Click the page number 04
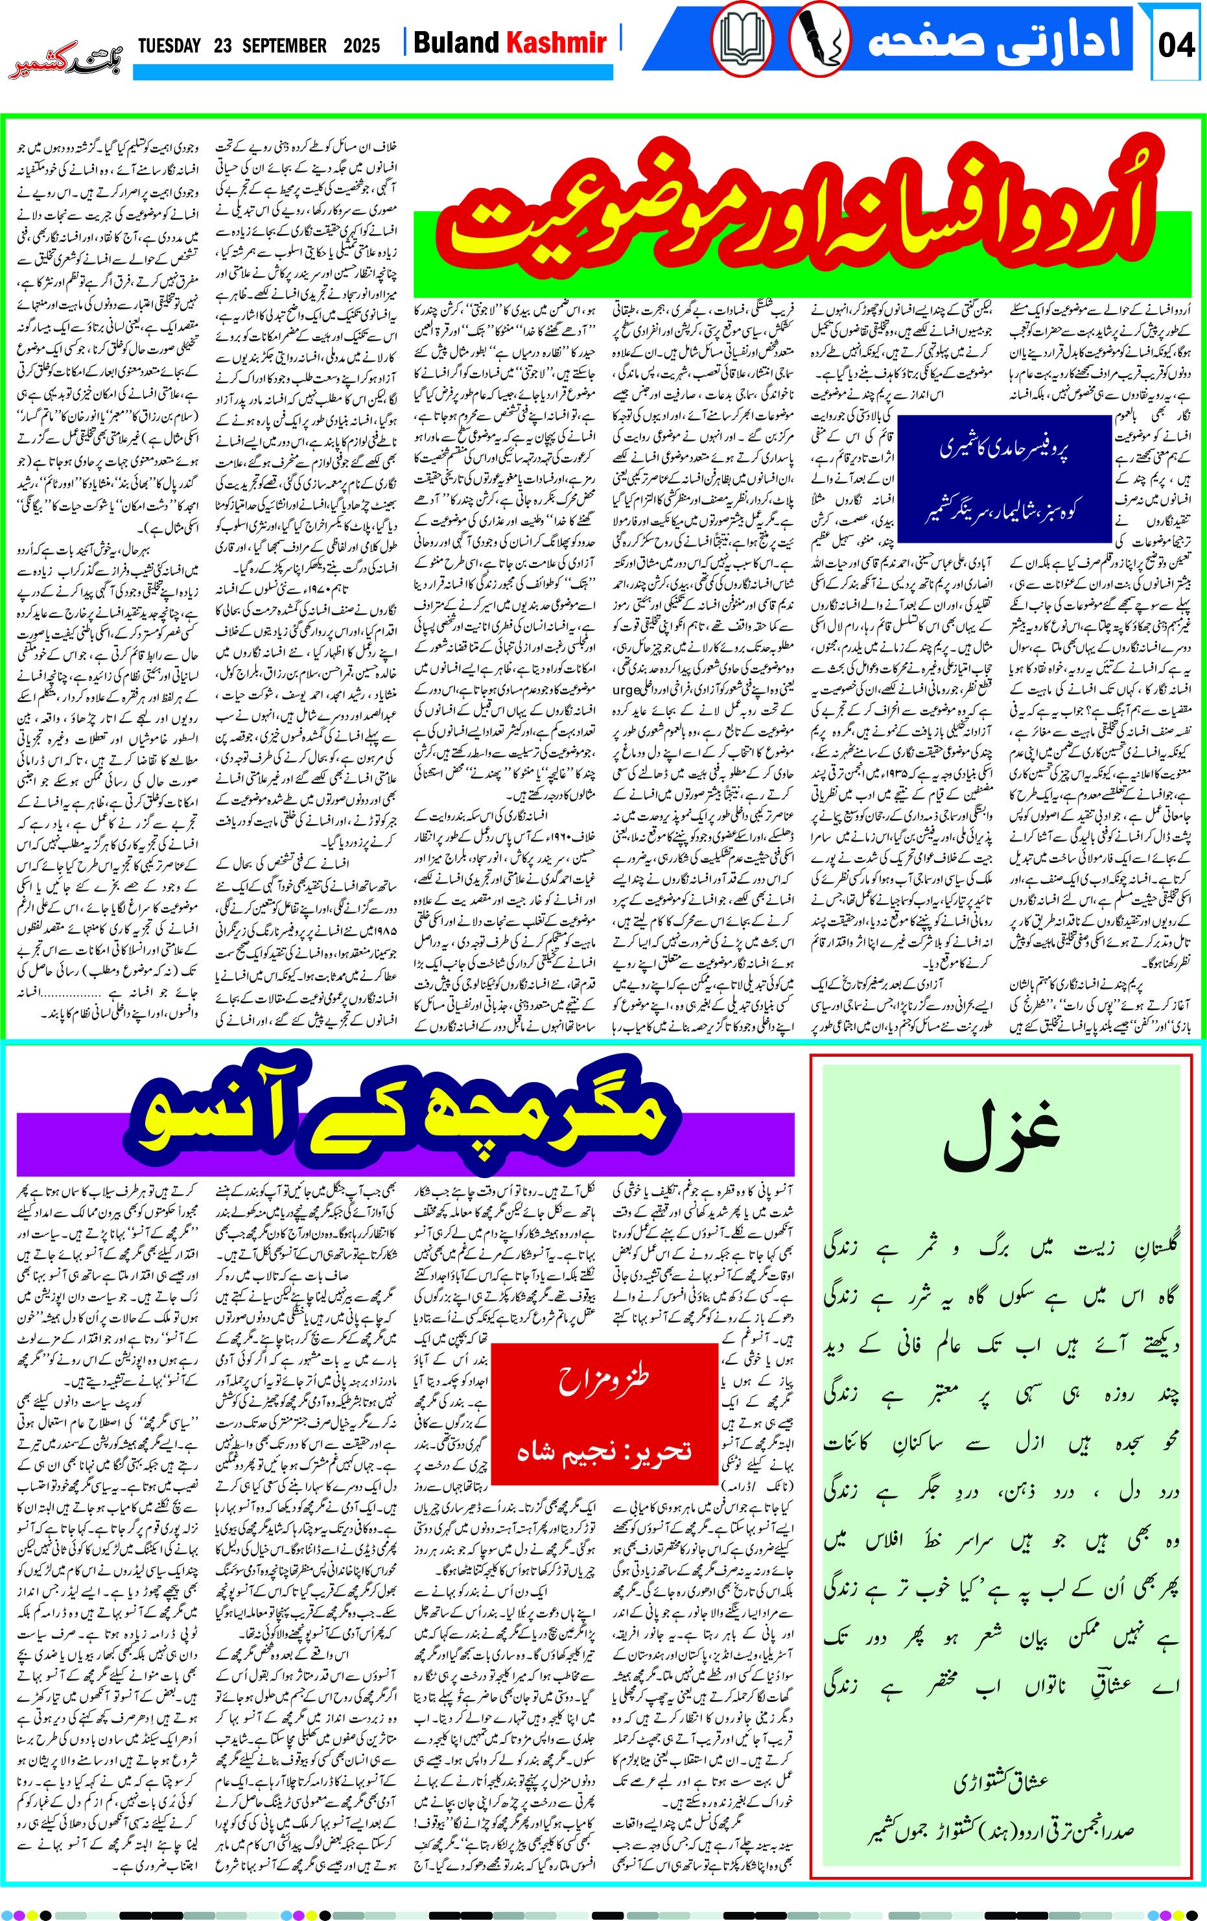(x=1176, y=45)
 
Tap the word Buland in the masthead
(x=456, y=42)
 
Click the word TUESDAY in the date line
(x=169, y=45)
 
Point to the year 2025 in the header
(x=361, y=45)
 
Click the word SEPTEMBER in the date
(x=284, y=45)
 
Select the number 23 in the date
(x=222, y=45)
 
